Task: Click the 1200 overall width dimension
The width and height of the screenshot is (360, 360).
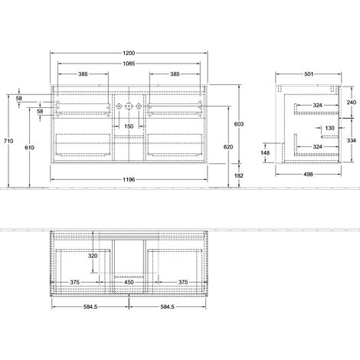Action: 129,53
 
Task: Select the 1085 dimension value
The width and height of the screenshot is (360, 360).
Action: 129,64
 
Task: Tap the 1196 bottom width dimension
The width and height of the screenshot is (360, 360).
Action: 129,179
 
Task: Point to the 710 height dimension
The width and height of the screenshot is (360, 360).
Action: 8,141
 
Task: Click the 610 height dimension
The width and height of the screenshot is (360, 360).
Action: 29,148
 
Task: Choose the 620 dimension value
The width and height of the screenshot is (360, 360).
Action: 228,147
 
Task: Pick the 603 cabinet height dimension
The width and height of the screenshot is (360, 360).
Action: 239,124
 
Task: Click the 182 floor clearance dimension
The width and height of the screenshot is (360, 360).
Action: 239,175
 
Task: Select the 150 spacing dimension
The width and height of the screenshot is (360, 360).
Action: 129,126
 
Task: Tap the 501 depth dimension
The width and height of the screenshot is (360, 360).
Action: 309,74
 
